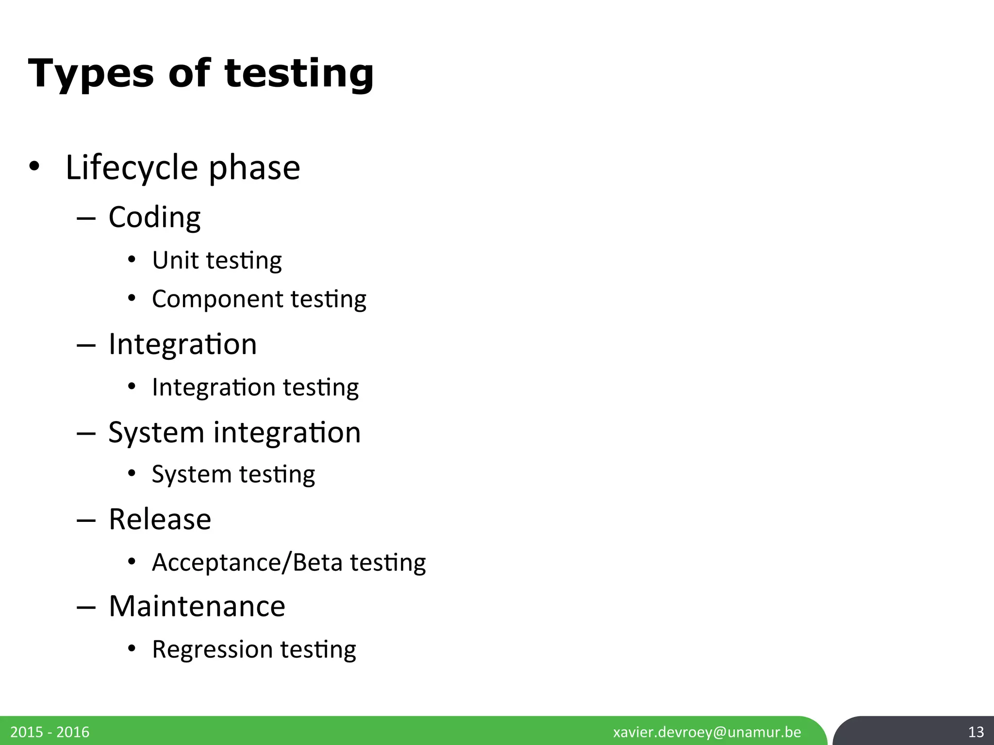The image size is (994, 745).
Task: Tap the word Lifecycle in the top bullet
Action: coord(132,167)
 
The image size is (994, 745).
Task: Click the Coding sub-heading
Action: coord(154,217)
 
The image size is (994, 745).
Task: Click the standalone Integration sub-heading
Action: coord(182,344)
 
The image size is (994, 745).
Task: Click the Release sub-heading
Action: coord(160,519)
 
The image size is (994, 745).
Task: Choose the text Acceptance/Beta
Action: coord(247,562)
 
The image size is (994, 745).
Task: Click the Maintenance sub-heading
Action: coord(197,606)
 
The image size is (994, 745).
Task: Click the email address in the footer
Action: coord(707,732)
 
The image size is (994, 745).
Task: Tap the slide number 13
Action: coord(976,732)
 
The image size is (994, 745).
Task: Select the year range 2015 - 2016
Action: coord(50,732)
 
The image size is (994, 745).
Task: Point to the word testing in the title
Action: coord(298,73)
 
